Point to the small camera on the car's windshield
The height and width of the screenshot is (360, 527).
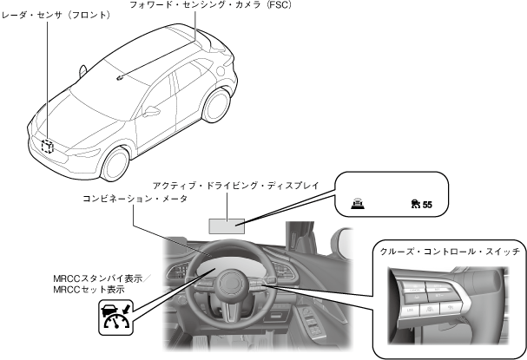[x=120, y=76]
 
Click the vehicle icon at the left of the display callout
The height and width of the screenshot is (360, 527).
[x=357, y=204]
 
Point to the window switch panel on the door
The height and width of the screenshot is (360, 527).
[x=311, y=305]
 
